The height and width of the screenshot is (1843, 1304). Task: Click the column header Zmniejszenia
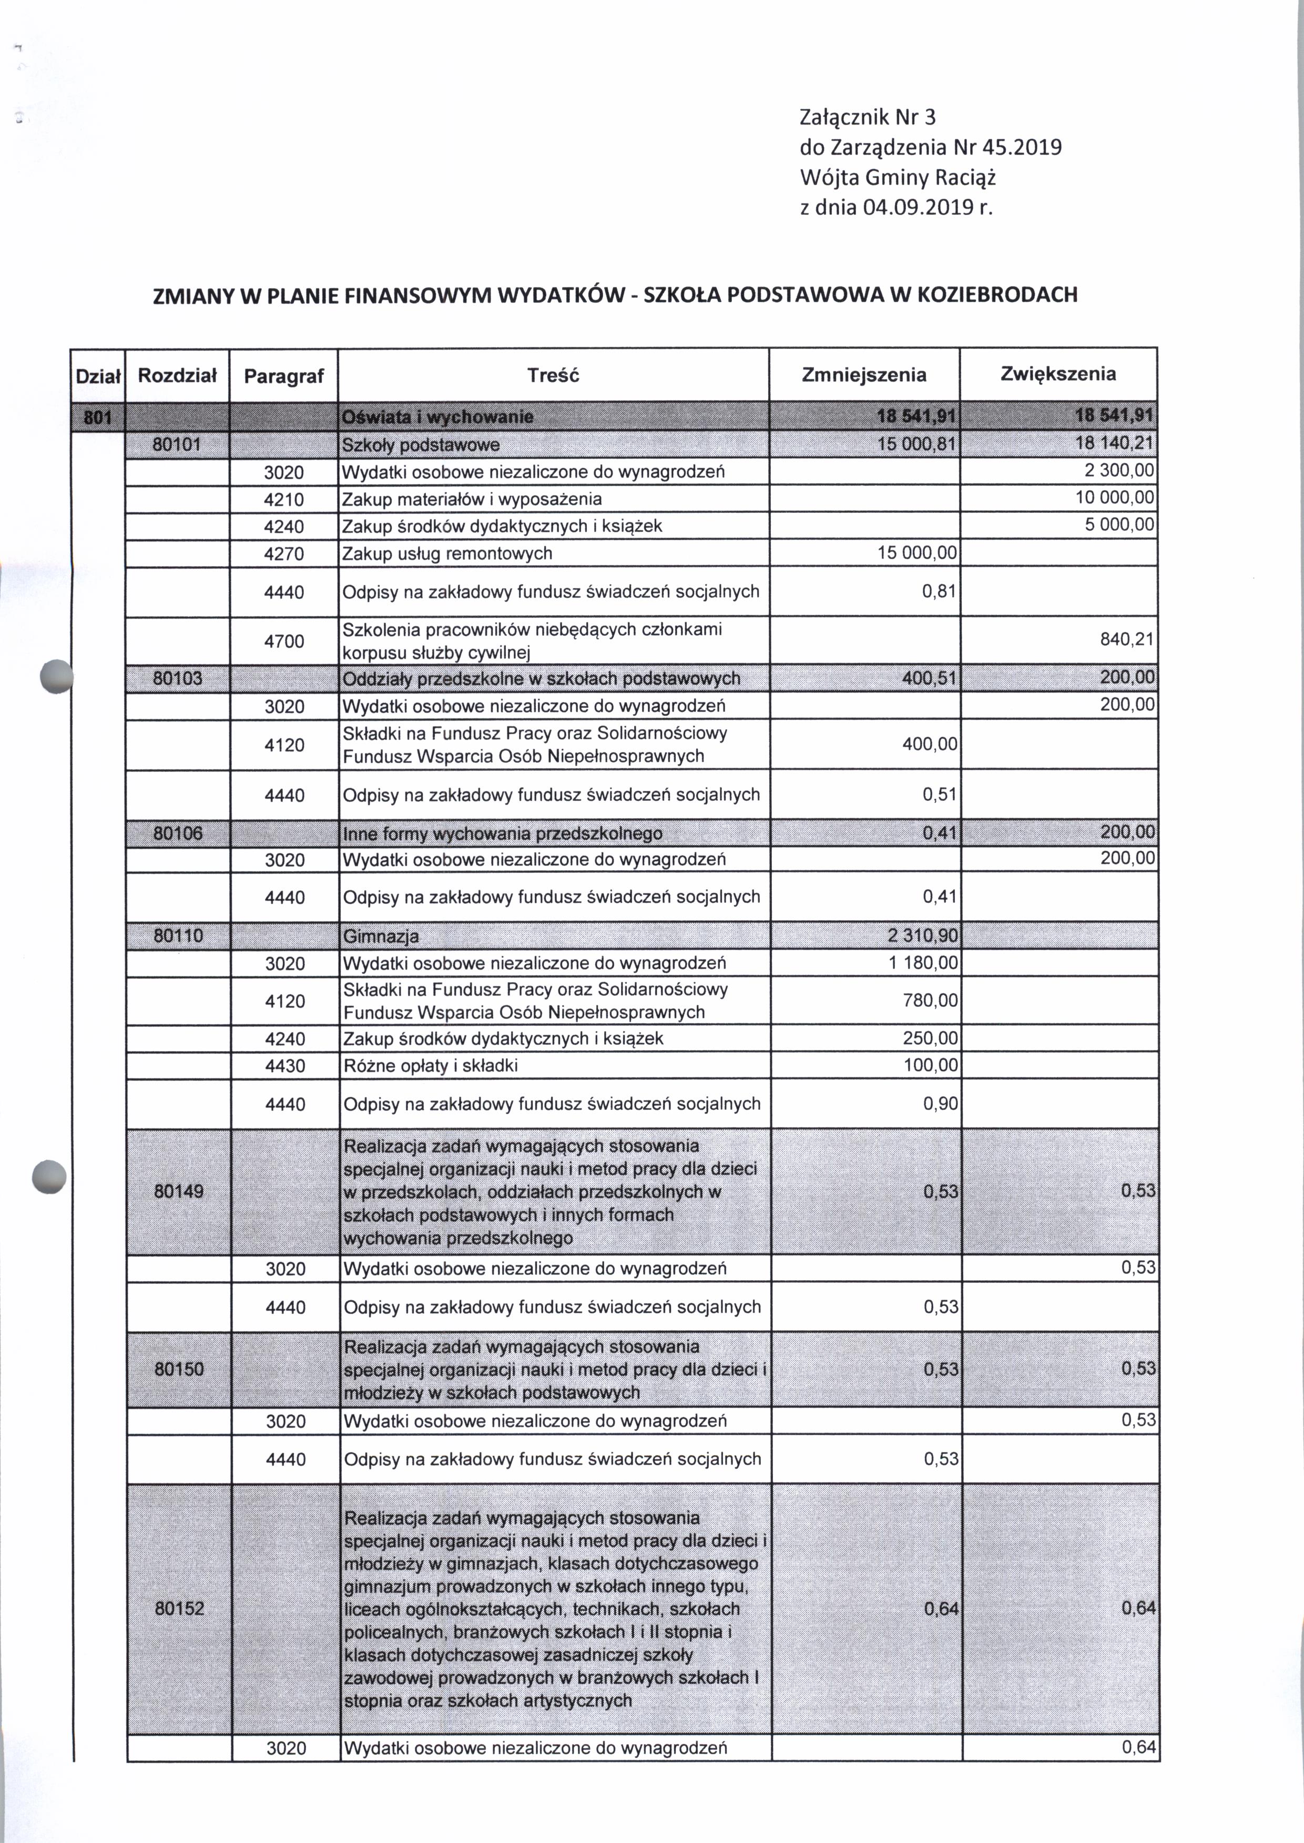pos(864,375)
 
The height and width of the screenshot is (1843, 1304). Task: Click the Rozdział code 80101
pos(177,444)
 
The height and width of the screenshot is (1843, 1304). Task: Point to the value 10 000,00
pos(1115,498)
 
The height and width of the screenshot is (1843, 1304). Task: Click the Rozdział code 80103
pos(177,678)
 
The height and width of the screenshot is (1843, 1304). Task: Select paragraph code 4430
pos(285,1066)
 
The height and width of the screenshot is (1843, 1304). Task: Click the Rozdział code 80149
pos(178,1191)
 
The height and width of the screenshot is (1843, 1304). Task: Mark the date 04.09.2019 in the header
pos(918,208)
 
